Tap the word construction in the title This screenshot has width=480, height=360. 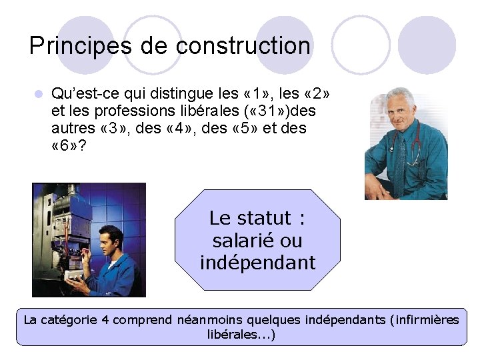point(243,46)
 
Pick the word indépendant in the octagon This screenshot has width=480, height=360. point(257,263)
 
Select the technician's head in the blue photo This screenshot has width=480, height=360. point(109,239)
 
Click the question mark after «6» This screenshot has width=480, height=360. point(81,145)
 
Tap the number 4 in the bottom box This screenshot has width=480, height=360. point(104,320)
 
